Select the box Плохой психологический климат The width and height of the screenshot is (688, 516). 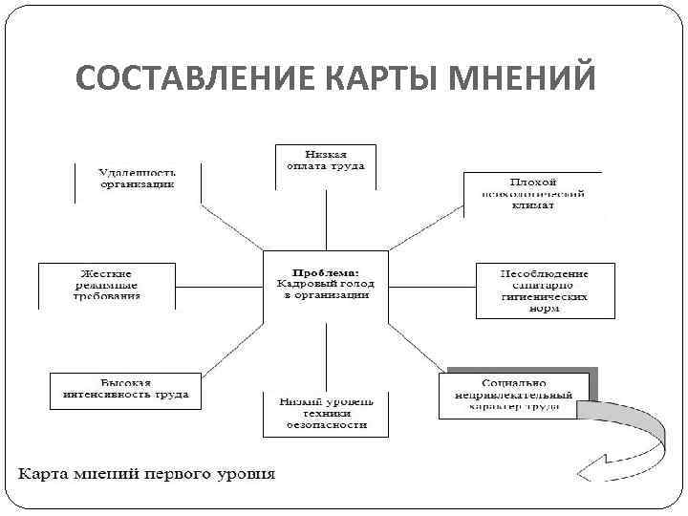click(532, 194)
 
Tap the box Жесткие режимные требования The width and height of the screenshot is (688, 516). click(107, 285)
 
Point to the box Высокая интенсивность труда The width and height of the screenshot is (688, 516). click(125, 390)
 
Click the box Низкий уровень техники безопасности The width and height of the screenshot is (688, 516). click(326, 414)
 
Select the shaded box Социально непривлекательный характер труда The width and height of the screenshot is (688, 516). click(520, 393)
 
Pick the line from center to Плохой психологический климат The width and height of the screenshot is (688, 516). click(425, 234)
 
